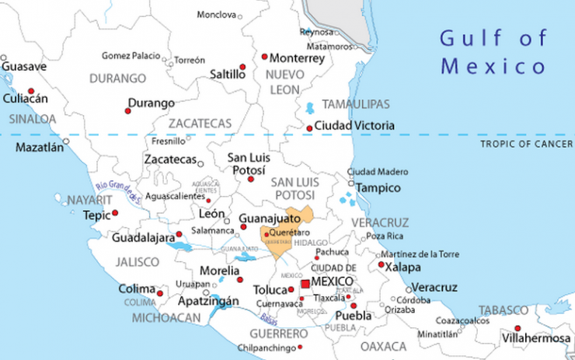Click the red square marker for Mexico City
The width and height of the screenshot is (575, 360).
305,284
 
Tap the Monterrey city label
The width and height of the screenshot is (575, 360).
298,58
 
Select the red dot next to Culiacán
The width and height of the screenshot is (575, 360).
30,90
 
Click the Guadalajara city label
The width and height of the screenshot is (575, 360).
143,238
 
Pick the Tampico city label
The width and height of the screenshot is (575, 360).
378,188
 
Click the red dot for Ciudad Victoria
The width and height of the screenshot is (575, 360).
309,128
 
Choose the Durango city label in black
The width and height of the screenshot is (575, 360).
151,103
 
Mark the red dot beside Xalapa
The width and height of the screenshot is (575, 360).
381,265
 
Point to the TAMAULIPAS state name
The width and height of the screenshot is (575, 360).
356,104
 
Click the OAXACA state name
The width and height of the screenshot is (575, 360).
383,344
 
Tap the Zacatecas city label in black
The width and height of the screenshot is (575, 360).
170,159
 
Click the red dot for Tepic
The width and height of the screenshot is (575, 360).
115,212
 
